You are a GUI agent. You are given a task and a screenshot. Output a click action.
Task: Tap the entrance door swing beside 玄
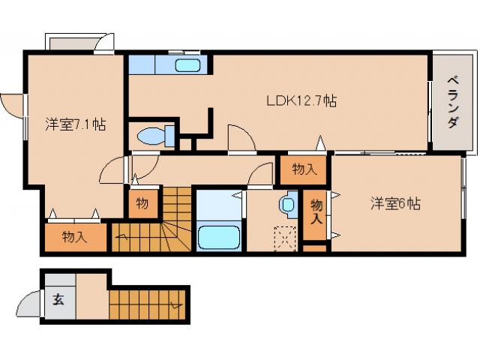(x=27, y=302)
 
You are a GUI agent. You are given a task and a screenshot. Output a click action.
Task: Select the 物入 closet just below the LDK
(x=304, y=169)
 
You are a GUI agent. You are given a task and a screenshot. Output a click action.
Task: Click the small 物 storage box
(x=142, y=202)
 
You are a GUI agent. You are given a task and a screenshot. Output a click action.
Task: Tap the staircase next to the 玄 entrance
(x=147, y=304)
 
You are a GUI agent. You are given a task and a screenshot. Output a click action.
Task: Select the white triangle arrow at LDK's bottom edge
(x=320, y=143)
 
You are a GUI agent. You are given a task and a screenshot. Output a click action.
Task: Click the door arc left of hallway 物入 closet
(x=263, y=173)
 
